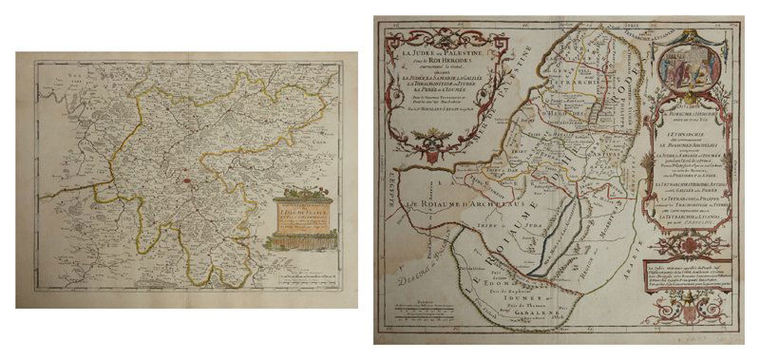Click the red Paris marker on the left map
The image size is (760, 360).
coord(191,177)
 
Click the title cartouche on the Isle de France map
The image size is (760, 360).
coord(307,220)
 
